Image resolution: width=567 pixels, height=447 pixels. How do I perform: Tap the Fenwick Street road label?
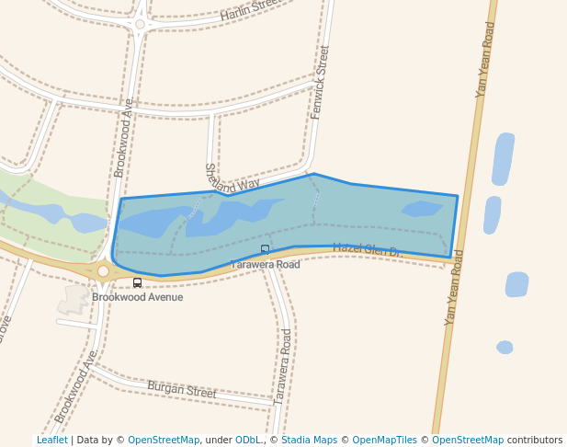[x=320, y=82]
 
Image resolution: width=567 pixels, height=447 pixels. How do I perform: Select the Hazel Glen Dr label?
[x=367, y=249]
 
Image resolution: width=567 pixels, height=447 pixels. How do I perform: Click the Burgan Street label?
[x=182, y=390]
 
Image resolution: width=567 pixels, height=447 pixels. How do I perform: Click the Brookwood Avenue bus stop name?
[x=137, y=297]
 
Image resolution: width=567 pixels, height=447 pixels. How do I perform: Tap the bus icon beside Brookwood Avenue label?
[x=137, y=282]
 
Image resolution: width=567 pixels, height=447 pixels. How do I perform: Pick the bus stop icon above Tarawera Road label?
[x=266, y=249]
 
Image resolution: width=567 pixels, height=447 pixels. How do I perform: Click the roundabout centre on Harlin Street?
[x=140, y=25]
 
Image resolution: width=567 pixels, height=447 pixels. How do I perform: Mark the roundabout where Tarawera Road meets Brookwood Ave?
[x=103, y=270]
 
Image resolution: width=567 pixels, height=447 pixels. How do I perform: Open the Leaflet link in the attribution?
[x=51, y=441]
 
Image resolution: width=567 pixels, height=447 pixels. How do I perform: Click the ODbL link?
[x=248, y=441]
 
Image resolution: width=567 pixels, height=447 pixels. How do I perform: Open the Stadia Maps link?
[x=309, y=441]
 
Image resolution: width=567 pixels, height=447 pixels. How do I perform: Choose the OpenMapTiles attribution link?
[x=384, y=441]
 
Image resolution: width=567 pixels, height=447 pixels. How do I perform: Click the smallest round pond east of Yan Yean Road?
[x=505, y=348]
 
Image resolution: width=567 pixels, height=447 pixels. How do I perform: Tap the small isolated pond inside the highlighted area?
[x=422, y=209]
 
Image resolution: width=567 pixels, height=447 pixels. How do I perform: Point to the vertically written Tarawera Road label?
[x=283, y=366]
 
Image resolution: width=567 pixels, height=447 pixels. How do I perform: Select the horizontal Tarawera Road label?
[x=265, y=265]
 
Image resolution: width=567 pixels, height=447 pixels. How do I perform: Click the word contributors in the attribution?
[x=535, y=441]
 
